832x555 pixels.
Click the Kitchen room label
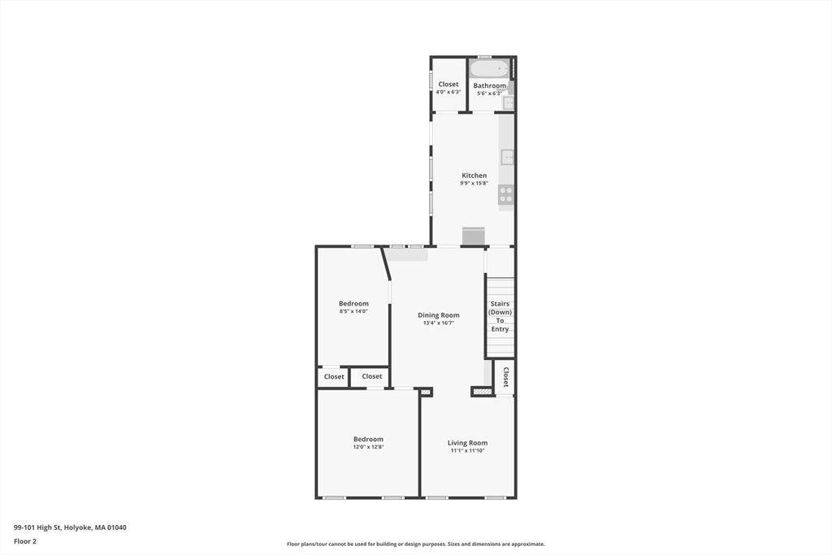point(474,176)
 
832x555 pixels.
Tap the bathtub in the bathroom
point(488,69)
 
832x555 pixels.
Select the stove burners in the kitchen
point(505,194)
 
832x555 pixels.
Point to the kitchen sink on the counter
point(507,157)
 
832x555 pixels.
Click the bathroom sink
point(508,102)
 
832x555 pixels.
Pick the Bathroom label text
point(489,85)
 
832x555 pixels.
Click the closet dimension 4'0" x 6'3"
point(448,93)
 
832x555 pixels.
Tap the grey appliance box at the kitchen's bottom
point(474,236)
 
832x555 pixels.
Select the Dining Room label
point(439,315)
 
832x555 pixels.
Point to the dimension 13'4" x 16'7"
point(439,323)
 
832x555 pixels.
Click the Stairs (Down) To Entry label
point(500,316)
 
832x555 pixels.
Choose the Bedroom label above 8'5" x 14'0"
point(353,304)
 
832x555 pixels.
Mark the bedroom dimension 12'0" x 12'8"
point(368,447)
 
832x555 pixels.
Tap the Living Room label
point(468,443)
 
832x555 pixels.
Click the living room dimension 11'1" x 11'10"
point(468,451)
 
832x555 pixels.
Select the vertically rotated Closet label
point(505,377)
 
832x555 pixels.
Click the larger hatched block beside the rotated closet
point(482,392)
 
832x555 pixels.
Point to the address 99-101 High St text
point(70,527)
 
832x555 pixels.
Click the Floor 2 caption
point(25,541)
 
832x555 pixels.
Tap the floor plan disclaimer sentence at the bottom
point(415,544)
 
